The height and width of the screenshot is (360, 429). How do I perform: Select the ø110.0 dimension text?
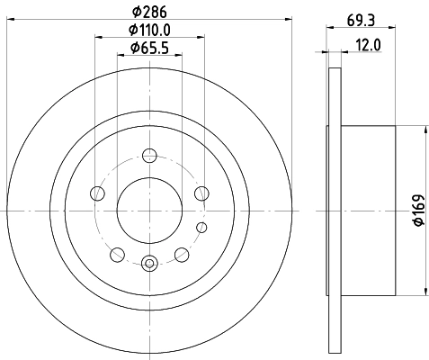(x=150, y=31)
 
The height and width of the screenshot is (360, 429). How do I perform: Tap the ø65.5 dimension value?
(x=149, y=48)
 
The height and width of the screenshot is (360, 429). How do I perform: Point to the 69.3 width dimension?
(x=361, y=13)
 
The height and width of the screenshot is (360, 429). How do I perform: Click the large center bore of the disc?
(x=149, y=210)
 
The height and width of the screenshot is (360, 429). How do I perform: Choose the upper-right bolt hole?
(x=201, y=193)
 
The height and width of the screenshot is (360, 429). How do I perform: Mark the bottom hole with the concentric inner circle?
(x=149, y=263)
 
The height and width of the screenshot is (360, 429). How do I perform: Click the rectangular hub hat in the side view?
(x=369, y=210)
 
